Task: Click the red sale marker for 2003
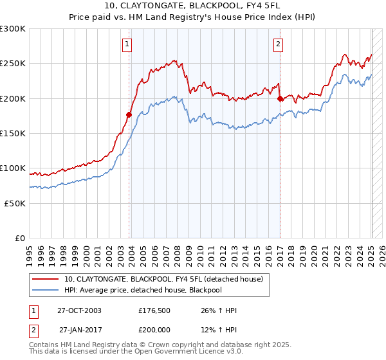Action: [x=129, y=115]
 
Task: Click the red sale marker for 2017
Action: [x=280, y=99]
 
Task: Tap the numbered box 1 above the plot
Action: [x=127, y=44]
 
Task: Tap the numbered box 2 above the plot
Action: [x=278, y=44]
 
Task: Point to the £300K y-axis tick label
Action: [x=14, y=29]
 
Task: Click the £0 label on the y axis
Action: [x=19, y=238]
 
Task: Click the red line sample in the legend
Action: [x=45, y=280]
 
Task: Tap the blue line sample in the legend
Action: [x=45, y=291]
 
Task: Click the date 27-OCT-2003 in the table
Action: [x=79, y=310]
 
